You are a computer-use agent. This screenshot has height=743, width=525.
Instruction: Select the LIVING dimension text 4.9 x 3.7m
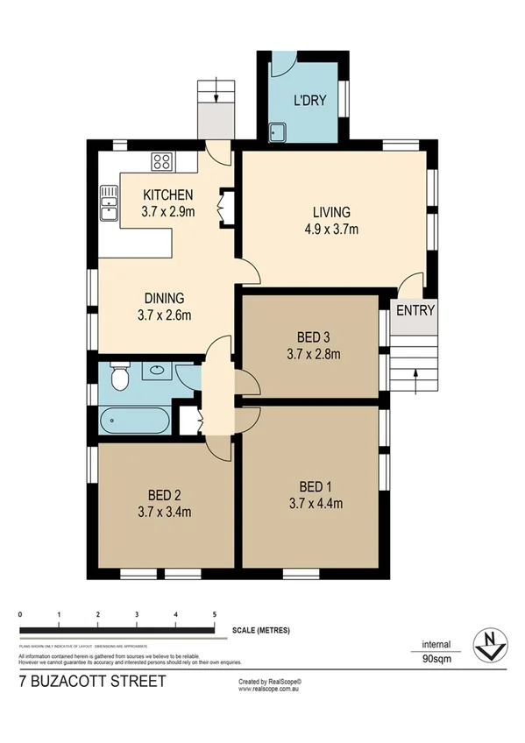pyautogui.click(x=330, y=230)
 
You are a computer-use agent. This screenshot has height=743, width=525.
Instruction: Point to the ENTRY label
pyautogui.click(x=415, y=310)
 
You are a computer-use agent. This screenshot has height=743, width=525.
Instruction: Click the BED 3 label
pyautogui.click(x=313, y=337)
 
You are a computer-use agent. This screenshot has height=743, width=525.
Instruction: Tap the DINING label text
pyautogui.click(x=166, y=298)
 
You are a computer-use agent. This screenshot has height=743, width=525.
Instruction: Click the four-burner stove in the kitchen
pyautogui.click(x=162, y=161)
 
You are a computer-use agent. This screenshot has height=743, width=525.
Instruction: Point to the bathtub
pyautogui.click(x=135, y=421)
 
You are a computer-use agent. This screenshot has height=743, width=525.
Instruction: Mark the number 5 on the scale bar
pyautogui.click(x=215, y=613)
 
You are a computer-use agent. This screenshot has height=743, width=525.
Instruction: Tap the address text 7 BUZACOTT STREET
pyautogui.click(x=91, y=680)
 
